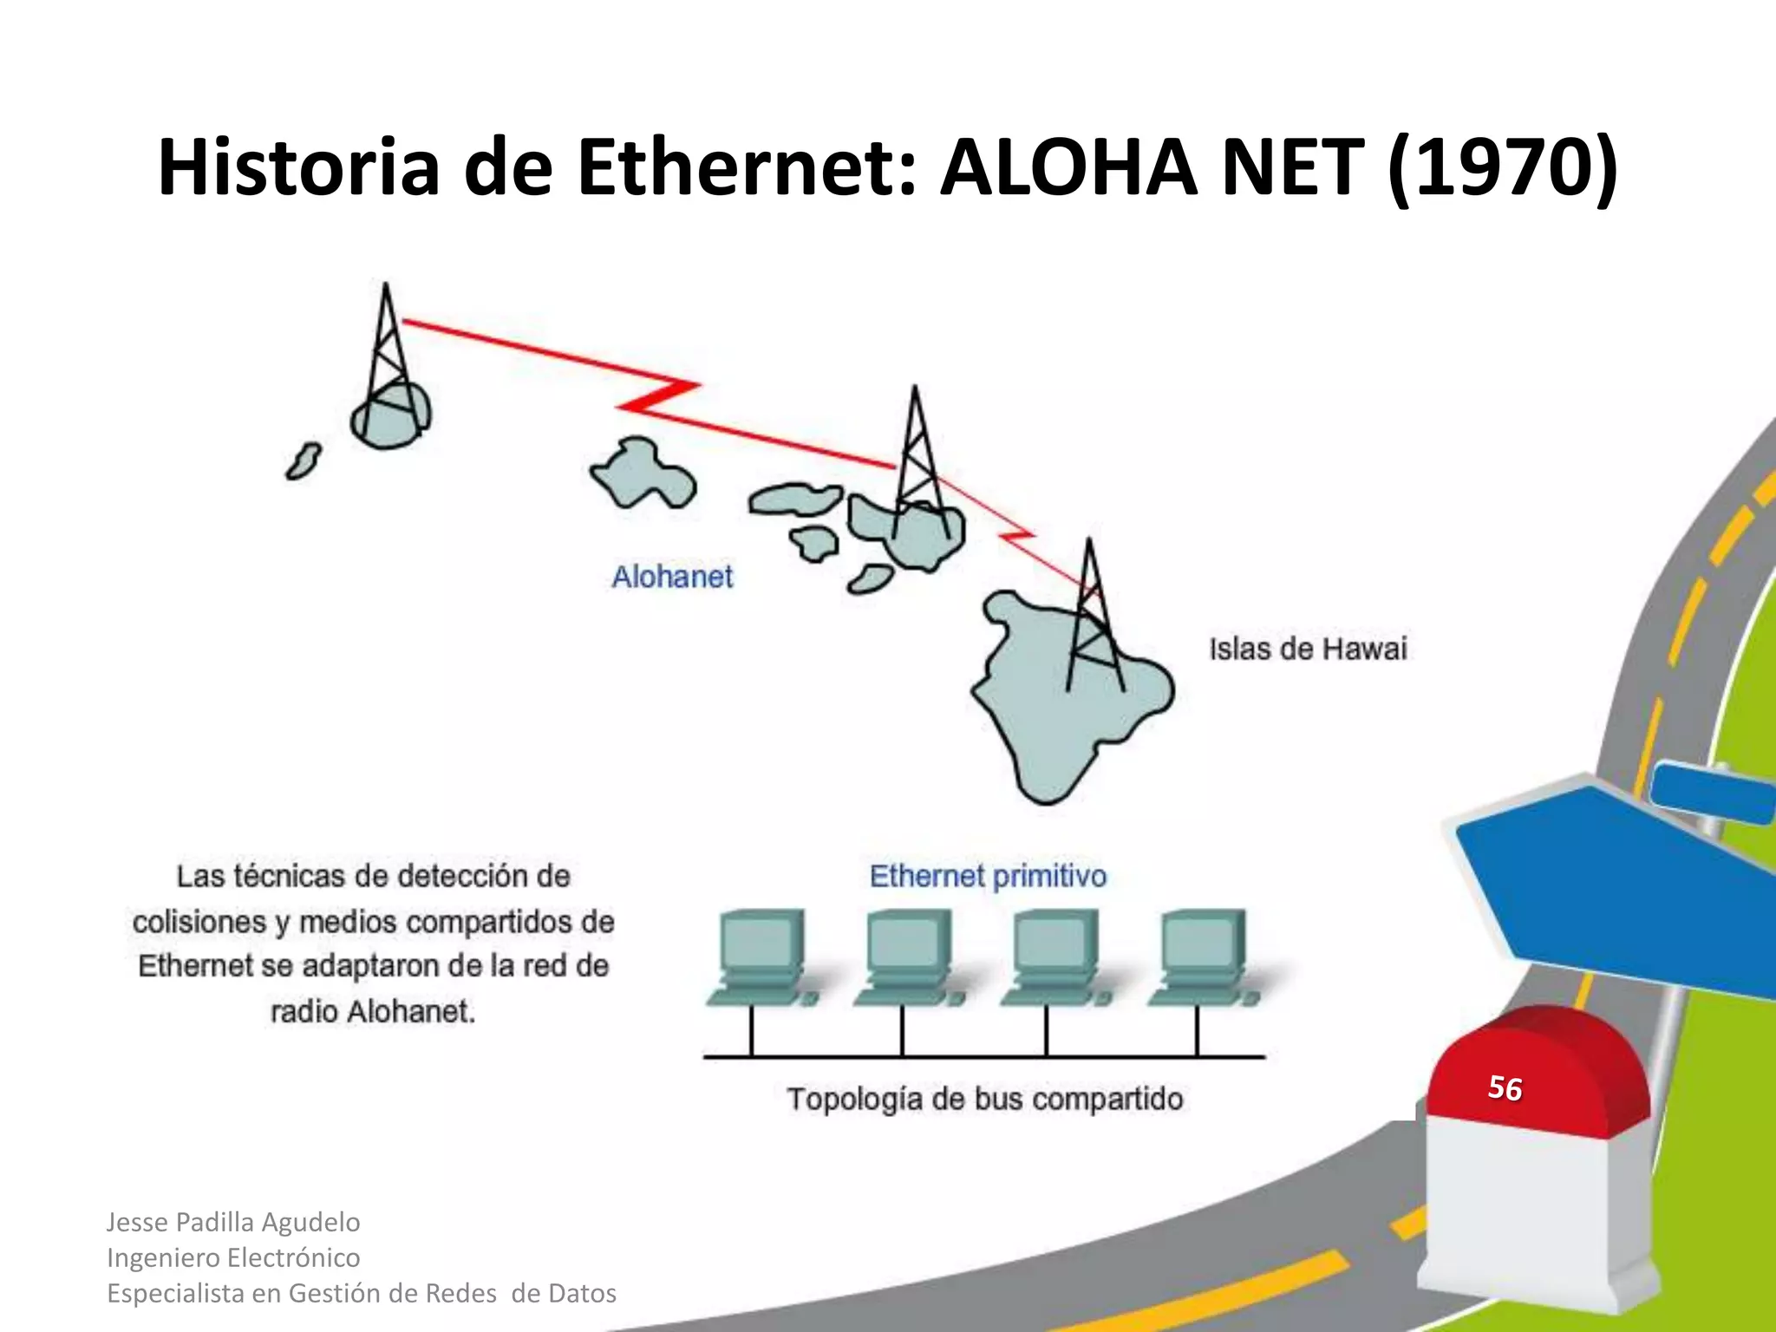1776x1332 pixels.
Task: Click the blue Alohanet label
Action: (672, 577)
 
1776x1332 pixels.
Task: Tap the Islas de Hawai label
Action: (1308, 649)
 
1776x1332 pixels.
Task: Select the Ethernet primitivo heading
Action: (988, 876)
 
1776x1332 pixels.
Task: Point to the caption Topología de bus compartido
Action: (985, 1099)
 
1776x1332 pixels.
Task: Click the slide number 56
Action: (1505, 1087)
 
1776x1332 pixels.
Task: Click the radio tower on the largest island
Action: (1093, 616)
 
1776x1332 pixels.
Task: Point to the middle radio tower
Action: (917, 460)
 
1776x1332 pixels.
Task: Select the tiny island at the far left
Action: (304, 460)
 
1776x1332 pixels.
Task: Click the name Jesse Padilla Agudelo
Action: (233, 1222)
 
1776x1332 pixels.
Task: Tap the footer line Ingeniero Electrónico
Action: (233, 1257)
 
